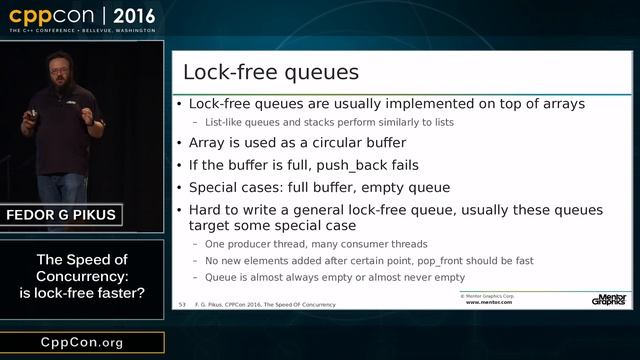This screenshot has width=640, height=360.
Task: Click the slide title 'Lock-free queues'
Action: (270, 73)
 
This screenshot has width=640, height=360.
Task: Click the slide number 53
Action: (183, 303)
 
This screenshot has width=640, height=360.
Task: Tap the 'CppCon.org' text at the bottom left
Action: (82, 342)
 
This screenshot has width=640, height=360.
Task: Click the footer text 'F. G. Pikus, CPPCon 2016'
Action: (240, 303)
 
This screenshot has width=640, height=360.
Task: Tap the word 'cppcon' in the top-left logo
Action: (55, 17)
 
